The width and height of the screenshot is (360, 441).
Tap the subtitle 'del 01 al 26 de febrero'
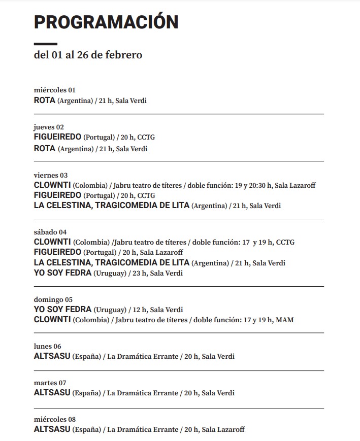click(x=88, y=55)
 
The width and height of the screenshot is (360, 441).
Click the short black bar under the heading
click(x=45, y=44)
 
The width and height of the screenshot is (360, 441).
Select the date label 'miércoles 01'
click(x=54, y=90)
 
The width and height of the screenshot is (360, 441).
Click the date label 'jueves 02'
click(x=49, y=127)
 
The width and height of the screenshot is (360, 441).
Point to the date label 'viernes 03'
click(x=50, y=175)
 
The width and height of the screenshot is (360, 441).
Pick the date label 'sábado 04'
click(x=50, y=232)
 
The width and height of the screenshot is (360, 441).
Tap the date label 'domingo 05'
click(x=53, y=299)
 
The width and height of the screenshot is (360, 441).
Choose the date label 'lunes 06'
click(x=47, y=346)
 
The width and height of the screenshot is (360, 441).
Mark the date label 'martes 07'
click(x=50, y=383)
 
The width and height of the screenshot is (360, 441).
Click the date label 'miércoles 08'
click(x=54, y=419)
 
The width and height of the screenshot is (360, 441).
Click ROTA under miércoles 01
click(x=44, y=100)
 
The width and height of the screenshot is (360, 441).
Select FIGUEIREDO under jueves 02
click(x=57, y=137)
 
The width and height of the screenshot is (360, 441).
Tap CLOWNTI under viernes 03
click(x=52, y=185)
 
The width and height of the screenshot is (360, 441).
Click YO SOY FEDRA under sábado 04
click(x=62, y=273)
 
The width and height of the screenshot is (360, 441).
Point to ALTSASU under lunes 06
click(x=52, y=356)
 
